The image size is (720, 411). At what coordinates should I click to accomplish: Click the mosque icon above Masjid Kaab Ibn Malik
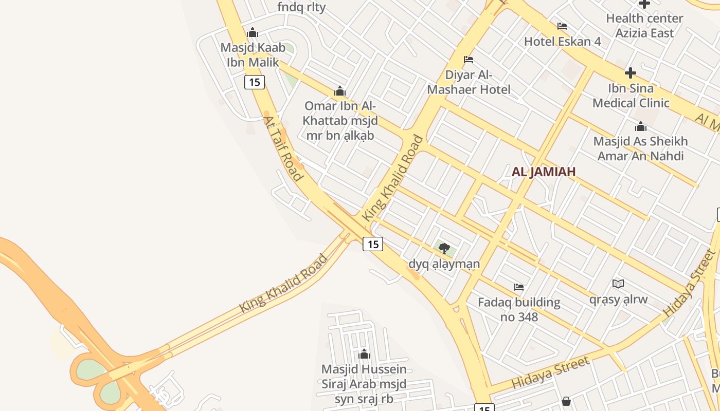253,33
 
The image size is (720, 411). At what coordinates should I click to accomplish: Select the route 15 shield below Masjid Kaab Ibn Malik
254,82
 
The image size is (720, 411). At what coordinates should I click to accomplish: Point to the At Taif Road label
282,148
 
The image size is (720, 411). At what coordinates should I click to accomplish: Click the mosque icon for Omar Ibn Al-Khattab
339,91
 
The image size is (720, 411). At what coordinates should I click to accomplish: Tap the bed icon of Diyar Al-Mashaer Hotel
469,60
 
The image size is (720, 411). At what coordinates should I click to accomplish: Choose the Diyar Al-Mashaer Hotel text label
469,82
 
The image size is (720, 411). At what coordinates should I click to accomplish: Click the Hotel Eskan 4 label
562,42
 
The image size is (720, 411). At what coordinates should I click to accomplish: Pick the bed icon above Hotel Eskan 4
562,26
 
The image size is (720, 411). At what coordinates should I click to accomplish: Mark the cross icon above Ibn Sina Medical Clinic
631,73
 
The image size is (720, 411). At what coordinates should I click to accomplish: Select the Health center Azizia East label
644,26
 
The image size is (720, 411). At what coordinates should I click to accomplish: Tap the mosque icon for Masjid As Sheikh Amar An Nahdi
641,126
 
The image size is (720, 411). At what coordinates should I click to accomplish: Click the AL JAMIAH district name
543,172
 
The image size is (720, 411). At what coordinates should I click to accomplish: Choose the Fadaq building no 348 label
519,309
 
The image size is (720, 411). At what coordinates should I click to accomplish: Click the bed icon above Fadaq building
519,287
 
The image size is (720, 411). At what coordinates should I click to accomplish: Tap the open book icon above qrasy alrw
618,284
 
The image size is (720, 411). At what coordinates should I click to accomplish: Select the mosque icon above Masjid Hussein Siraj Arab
364,354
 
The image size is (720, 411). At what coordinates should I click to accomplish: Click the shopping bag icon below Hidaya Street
566,401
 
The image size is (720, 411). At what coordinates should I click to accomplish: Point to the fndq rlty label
301,7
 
